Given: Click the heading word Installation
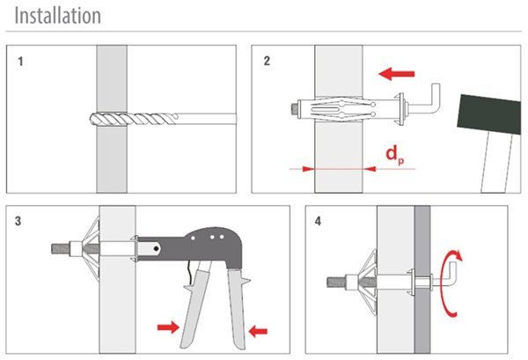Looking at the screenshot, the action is click(x=57, y=16).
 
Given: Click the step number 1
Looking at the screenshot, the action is click(x=20, y=62).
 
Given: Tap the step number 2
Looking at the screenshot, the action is click(x=267, y=61).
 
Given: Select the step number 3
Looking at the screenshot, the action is click(x=18, y=221).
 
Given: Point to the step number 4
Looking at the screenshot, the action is click(x=318, y=221).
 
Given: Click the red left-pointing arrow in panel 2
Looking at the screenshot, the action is click(x=396, y=74).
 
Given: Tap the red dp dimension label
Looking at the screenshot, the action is click(x=394, y=155).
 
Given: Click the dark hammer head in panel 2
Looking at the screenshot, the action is click(x=489, y=114).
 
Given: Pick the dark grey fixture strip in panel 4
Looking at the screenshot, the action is click(x=422, y=280).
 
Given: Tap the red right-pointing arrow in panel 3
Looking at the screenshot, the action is click(x=168, y=327).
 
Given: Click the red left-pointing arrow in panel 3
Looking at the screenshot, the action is click(x=258, y=331).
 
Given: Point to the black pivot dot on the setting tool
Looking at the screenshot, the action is click(x=157, y=249).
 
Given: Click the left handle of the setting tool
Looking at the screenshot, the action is click(x=195, y=303).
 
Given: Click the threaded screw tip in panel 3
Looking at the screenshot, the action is click(x=61, y=249).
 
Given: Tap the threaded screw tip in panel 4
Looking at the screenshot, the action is click(x=336, y=282).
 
